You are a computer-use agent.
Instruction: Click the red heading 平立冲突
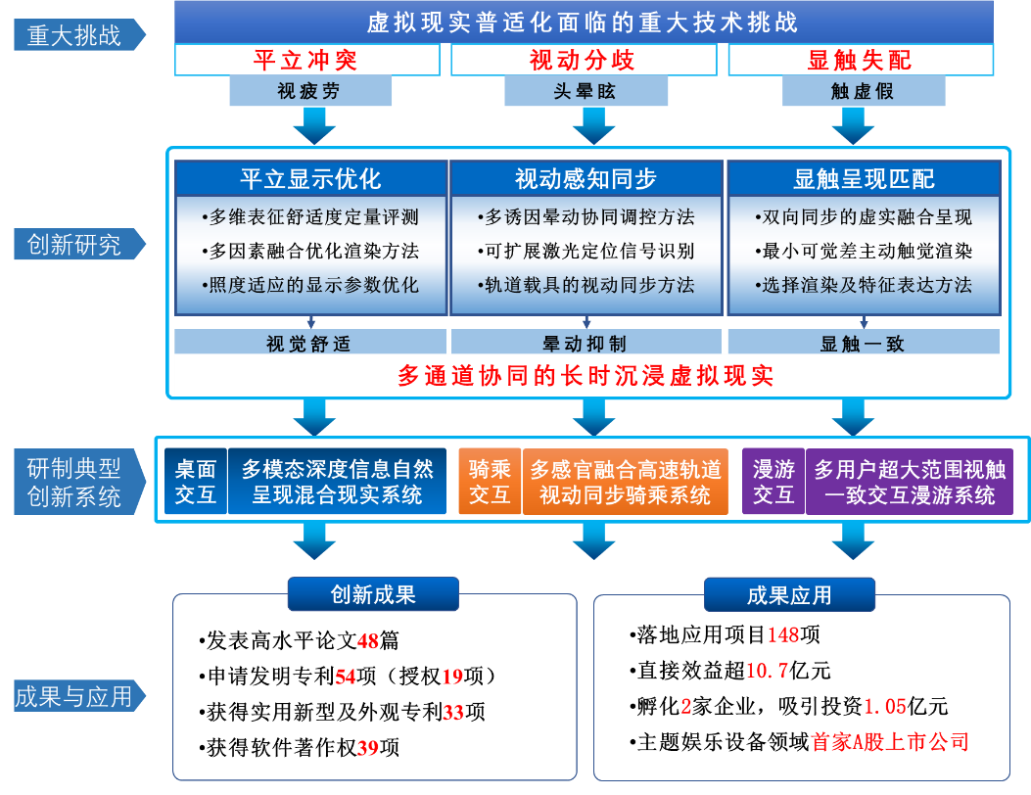(305, 60)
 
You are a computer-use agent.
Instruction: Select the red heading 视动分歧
(583, 60)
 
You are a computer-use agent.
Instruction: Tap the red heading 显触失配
(860, 60)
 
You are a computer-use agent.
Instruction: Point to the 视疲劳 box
(309, 92)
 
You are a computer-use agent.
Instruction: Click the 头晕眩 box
(586, 92)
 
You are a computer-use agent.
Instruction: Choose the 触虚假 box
(862, 92)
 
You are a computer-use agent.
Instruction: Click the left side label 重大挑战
(74, 35)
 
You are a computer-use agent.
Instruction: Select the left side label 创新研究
(74, 245)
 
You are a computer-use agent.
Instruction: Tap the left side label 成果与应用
(74, 696)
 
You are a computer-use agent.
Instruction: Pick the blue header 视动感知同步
(586, 179)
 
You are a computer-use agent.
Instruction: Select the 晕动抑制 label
(586, 343)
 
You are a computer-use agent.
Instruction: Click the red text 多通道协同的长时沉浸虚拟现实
(586, 376)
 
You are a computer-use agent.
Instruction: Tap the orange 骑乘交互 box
(490, 482)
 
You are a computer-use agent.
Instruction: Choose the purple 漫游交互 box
(773, 482)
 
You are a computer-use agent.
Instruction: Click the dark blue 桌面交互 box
(196, 482)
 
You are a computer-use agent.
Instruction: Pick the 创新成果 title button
(373, 594)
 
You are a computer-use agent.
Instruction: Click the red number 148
(783, 634)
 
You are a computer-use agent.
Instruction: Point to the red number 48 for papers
(368, 641)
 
